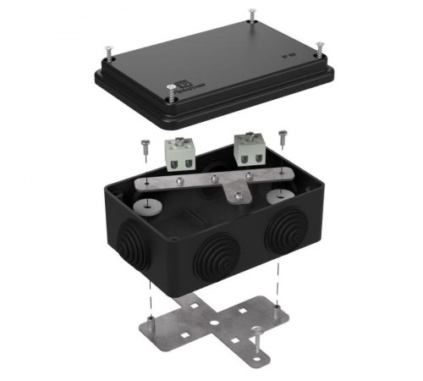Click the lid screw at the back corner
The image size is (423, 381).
coord(252,15)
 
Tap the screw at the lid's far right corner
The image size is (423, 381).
coord(319,47)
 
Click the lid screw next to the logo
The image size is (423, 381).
coord(172,95)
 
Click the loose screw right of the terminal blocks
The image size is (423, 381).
coord(282,137)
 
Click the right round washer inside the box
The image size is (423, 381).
coord(276,198)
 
